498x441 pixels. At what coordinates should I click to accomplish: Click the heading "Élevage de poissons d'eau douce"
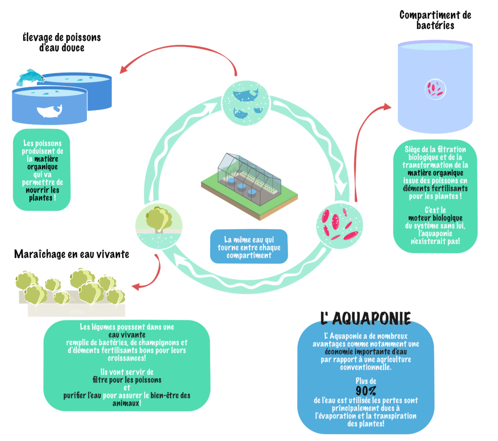(62, 43)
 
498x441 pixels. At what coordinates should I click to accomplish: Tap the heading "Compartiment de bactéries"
(435, 20)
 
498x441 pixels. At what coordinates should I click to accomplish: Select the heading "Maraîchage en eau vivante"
(71, 254)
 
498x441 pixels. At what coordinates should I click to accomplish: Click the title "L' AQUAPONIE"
(366, 318)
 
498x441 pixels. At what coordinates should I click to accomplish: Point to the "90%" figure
(366, 390)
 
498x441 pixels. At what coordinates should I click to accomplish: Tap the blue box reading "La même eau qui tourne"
(249, 247)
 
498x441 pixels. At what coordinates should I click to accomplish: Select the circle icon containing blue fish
(246, 103)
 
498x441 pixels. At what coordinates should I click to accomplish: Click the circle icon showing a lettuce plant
(159, 226)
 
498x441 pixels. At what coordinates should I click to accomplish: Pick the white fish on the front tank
(49, 111)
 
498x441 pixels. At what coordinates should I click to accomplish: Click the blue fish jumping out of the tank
(30, 77)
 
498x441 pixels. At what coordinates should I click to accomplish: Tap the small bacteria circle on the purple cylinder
(435, 89)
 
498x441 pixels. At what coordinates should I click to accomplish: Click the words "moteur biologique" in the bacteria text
(435, 218)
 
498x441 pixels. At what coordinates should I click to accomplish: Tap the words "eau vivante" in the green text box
(127, 335)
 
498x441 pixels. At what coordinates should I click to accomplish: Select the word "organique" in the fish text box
(42, 167)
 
